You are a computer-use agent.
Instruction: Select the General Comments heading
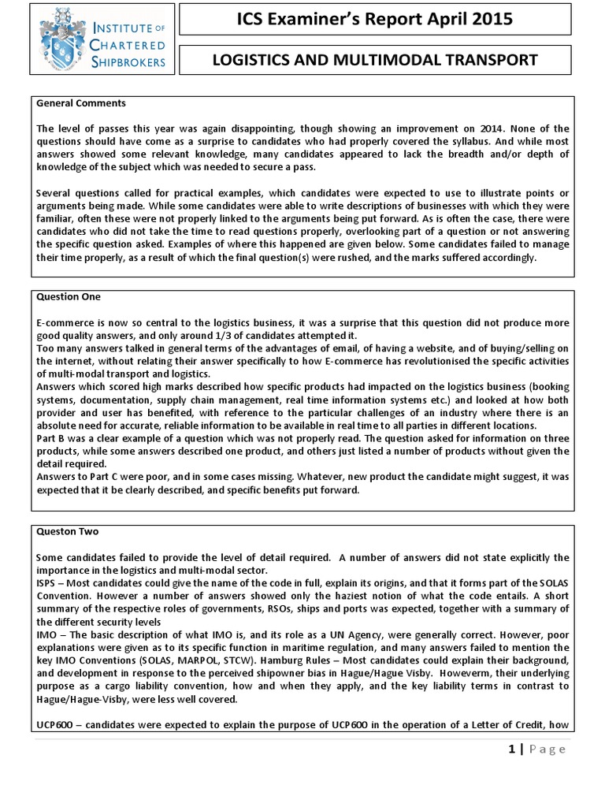[81, 103]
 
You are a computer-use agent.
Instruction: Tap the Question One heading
[69, 297]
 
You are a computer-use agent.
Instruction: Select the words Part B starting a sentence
[50, 425]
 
